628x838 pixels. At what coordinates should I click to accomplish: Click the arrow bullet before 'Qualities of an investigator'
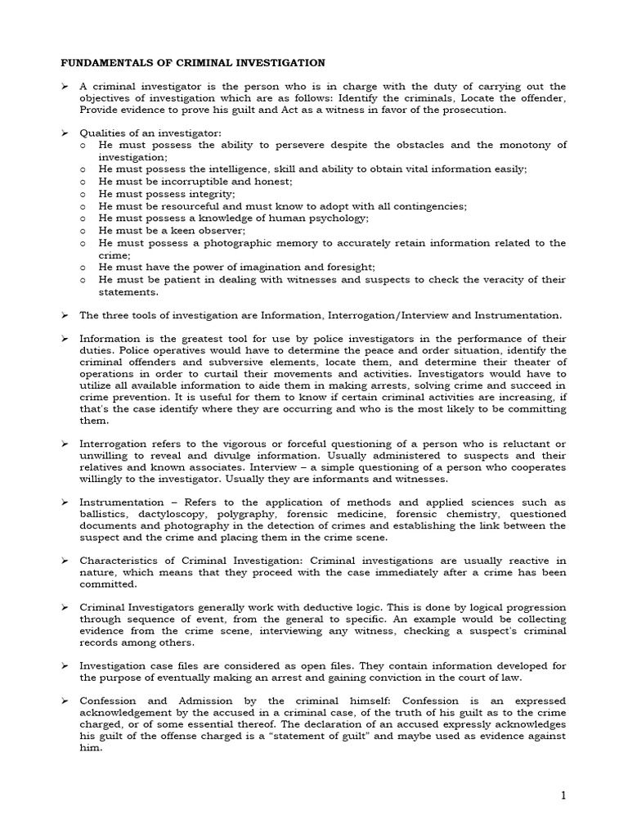pos(66,133)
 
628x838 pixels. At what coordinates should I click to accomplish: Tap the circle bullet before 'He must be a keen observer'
pos(84,231)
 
